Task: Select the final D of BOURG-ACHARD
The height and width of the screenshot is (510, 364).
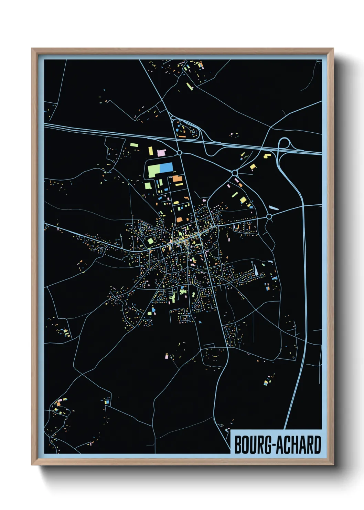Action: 318,445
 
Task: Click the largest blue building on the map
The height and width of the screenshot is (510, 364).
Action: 166,168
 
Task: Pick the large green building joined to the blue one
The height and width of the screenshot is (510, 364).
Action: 153,171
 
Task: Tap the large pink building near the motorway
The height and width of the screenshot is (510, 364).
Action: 162,152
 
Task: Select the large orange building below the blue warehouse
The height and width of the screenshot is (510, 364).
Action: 177,178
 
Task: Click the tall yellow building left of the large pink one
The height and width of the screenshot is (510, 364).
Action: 150,151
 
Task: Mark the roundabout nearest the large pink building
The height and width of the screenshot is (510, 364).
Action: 179,152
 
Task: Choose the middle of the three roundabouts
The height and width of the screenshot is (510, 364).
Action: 235,172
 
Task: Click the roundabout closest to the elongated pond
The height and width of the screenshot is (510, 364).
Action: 269,216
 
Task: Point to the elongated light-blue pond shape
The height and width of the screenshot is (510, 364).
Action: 274,208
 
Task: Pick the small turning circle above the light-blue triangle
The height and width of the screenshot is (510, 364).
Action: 253,262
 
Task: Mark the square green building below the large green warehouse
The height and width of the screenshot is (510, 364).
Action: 148,186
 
